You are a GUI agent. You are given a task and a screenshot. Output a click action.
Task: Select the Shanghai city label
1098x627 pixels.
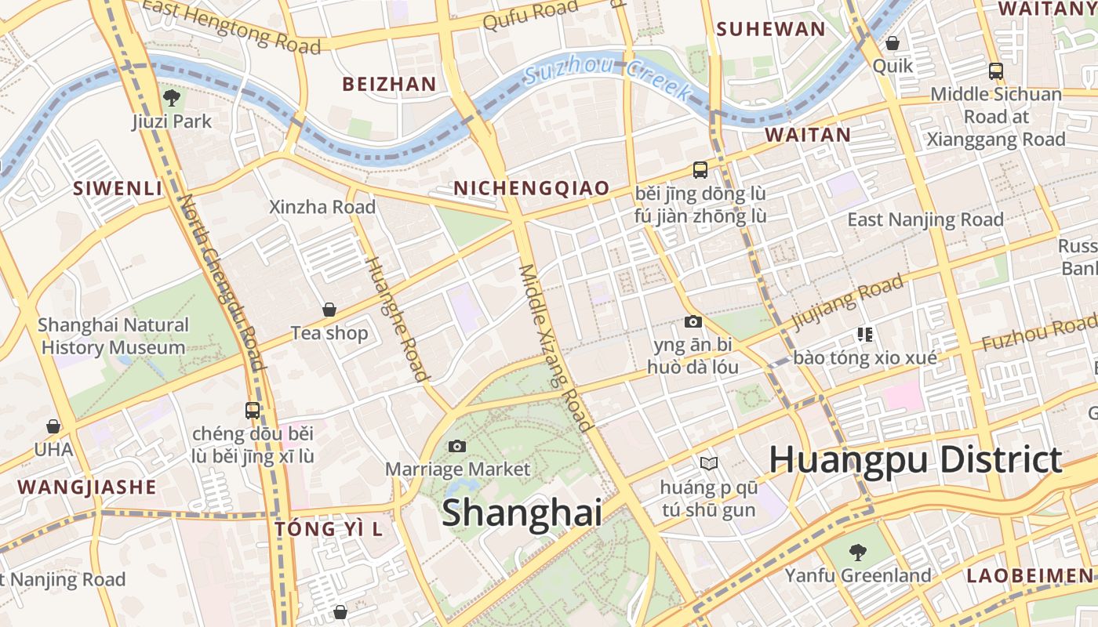[522, 513]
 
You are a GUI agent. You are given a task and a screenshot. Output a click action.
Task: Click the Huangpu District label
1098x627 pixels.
[915, 460]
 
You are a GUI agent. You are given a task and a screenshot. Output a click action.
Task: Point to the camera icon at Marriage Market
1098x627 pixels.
[457, 447]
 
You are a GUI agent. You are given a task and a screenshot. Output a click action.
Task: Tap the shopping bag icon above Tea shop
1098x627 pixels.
[329, 310]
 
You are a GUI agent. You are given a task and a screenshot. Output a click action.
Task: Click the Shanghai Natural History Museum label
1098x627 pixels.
[113, 336]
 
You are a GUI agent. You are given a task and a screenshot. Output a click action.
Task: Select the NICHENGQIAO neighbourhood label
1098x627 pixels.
[531, 188]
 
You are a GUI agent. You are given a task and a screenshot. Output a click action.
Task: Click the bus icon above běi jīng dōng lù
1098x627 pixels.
[700, 170]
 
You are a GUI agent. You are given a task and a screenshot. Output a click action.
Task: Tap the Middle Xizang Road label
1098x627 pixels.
[554, 347]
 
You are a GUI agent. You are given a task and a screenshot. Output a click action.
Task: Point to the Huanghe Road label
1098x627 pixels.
[398, 317]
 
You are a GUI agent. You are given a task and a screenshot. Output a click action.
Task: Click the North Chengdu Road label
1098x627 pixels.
[221, 282]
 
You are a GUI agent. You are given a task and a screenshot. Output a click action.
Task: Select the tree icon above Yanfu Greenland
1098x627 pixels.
[858, 553]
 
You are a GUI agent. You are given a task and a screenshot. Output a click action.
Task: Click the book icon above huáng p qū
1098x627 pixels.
[709, 465]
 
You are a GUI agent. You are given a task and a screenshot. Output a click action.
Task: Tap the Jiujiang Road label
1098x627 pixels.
[847, 303]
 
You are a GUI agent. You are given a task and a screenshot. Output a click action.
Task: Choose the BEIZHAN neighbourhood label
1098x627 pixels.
[389, 84]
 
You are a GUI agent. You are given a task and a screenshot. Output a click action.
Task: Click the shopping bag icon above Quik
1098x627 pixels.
[893, 43]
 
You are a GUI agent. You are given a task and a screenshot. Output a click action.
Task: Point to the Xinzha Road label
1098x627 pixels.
[322, 208]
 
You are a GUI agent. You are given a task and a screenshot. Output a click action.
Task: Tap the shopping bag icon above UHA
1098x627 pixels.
[53, 427]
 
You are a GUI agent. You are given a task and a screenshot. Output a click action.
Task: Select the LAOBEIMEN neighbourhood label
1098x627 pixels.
[1029, 576]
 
